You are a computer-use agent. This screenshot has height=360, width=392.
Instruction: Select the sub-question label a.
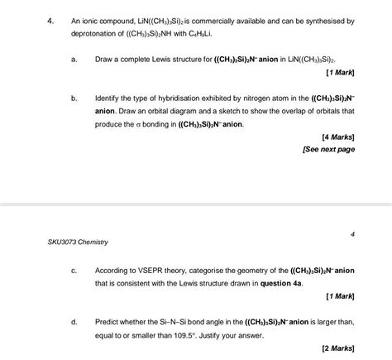click(74, 60)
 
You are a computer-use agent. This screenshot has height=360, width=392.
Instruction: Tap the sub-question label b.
click(74, 98)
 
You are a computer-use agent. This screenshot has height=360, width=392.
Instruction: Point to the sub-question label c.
click(74, 271)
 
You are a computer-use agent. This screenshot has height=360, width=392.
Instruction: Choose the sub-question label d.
click(74, 322)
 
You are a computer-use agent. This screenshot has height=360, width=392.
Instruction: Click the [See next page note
click(330, 150)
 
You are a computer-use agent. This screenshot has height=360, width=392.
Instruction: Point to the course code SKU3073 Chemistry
click(78, 242)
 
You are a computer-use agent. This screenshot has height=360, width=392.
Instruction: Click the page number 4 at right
click(352, 234)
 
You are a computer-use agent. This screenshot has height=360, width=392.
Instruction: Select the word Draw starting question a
click(104, 60)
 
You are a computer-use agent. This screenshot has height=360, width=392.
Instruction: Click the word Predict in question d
click(108, 322)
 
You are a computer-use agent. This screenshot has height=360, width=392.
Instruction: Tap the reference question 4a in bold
click(282, 283)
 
